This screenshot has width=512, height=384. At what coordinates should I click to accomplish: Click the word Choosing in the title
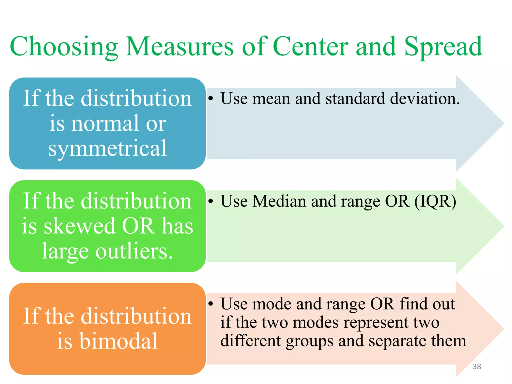[x=64, y=47]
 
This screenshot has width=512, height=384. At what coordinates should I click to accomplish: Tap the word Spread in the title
[x=443, y=47]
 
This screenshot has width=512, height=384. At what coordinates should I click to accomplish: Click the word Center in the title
[x=310, y=47]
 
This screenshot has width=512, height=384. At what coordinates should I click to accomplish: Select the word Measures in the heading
[x=179, y=47]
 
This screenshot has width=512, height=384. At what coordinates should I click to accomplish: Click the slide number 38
[x=477, y=366]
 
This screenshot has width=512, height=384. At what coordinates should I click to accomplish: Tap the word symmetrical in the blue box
[x=107, y=148]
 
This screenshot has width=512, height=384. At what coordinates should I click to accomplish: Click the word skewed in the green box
[x=79, y=226]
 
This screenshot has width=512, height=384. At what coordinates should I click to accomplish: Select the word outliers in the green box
[x=134, y=251]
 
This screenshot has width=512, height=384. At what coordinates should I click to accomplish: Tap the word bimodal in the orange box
[x=118, y=341]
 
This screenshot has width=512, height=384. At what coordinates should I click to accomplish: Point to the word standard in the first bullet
[x=355, y=98]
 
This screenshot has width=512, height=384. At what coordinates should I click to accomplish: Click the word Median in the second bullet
[x=279, y=201]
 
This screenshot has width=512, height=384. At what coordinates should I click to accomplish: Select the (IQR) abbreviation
[x=435, y=201]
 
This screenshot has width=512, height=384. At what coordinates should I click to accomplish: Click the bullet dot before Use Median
[x=211, y=201]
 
